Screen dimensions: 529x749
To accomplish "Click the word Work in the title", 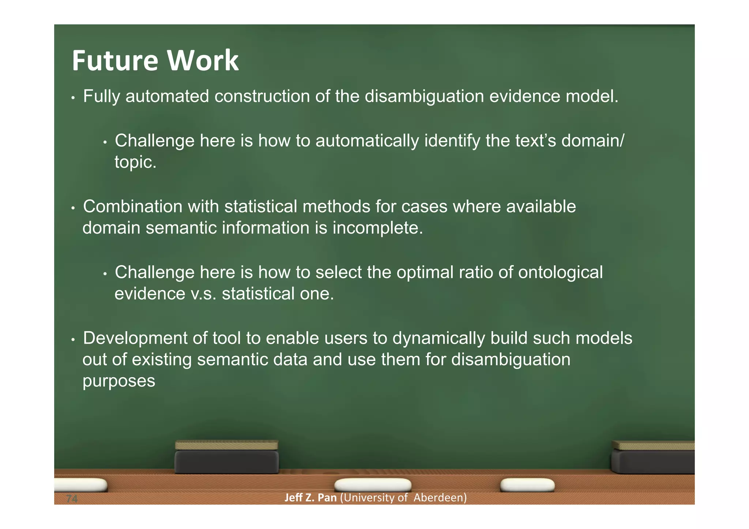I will point(203,60).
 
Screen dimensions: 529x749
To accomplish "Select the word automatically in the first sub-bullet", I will point(367,141).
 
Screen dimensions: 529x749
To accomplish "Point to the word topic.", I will point(135,162).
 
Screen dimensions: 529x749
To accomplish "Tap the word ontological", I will point(560,273).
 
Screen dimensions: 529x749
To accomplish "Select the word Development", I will point(135,339).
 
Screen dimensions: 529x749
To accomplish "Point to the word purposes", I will point(119,381).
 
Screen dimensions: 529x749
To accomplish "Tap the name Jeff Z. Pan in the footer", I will point(310,498).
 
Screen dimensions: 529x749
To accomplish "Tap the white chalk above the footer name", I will point(372,485).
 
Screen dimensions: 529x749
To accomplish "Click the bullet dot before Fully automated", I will point(73,98).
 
